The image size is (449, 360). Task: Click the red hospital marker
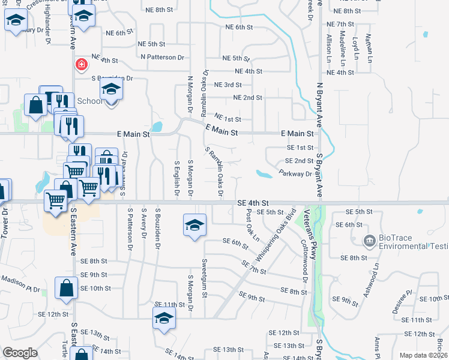point(80,64)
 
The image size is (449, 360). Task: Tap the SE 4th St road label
point(253,204)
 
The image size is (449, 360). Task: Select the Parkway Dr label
point(296,174)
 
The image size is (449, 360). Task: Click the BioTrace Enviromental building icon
point(370,242)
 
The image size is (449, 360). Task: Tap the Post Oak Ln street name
point(252,226)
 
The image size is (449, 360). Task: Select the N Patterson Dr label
point(162,57)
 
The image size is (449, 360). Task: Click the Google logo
point(19,353)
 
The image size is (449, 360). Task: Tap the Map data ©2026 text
point(423,355)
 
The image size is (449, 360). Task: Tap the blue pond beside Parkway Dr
point(264,175)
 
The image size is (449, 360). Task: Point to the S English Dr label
point(176,178)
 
